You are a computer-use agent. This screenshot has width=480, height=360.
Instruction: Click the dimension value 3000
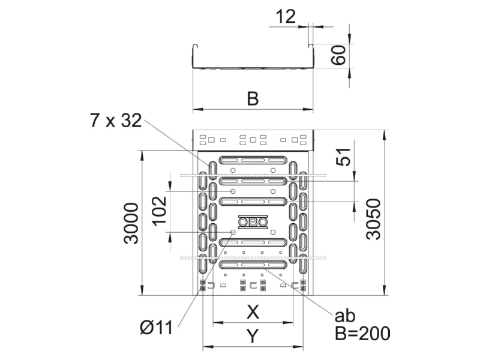[x=131, y=223]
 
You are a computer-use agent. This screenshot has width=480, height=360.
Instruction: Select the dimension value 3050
[x=373, y=218]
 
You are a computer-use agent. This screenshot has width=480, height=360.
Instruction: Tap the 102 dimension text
[x=160, y=211]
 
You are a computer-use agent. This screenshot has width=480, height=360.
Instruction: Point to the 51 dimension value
[x=343, y=157]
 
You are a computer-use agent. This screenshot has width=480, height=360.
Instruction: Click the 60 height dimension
[x=338, y=55]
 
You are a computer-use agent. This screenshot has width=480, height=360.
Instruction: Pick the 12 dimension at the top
[x=286, y=17]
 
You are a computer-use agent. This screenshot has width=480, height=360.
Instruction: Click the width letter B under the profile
[x=253, y=98]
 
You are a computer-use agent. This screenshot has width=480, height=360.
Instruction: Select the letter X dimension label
[x=253, y=312]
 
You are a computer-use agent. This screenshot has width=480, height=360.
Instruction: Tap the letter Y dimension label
[x=253, y=336]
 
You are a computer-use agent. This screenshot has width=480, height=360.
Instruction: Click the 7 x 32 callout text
[x=116, y=121]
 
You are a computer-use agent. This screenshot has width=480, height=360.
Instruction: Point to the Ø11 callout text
[x=156, y=328]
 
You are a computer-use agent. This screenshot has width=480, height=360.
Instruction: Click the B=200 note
[x=362, y=333]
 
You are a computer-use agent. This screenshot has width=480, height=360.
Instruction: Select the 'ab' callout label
[x=344, y=316]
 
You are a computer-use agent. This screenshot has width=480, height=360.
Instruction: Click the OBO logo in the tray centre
[x=253, y=221]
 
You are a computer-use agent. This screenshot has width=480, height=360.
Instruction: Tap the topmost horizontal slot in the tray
[x=253, y=160]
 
